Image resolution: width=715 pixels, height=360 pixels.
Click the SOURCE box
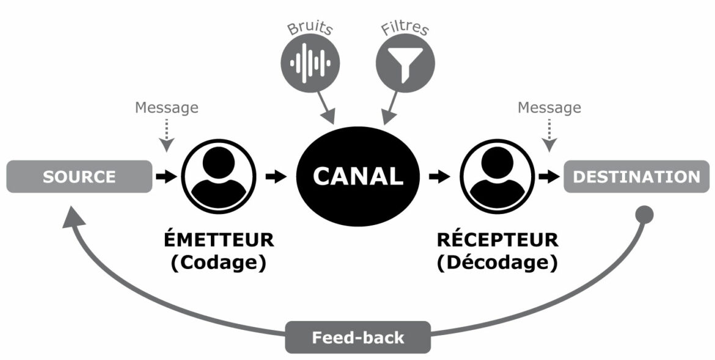click(79, 177)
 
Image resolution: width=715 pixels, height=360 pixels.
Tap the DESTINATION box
click(636, 177)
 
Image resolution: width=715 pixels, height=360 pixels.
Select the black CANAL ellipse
click(358, 177)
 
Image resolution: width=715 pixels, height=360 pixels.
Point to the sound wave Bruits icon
click(310, 62)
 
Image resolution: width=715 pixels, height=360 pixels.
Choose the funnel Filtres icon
click(405, 62)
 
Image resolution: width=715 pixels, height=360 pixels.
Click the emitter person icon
click(219, 177)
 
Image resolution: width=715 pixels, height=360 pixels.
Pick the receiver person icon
click(492, 177)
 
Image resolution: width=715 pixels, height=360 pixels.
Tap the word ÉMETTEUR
click(220, 240)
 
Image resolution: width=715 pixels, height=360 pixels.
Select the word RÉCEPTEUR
click(497, 240)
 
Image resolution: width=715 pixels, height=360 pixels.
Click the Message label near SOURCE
click(167, 108)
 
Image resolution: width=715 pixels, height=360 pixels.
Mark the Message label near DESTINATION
click(549, 108)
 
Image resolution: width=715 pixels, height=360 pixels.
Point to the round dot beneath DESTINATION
click(645, 214)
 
